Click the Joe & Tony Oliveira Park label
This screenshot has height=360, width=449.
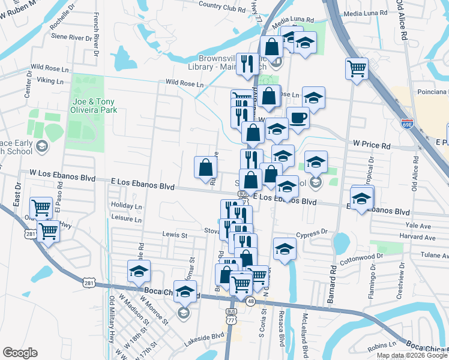coord(92,106)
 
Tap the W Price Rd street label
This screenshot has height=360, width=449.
coord(371,145)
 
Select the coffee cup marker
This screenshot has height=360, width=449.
coord(298,118)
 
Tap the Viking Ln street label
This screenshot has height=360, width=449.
coord(50,80)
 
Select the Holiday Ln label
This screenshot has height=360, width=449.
coord(126,206)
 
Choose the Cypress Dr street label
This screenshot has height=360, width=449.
coord(312,231)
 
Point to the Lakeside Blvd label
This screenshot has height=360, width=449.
coord(209,338)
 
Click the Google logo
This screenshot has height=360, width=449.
coord(19,353)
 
